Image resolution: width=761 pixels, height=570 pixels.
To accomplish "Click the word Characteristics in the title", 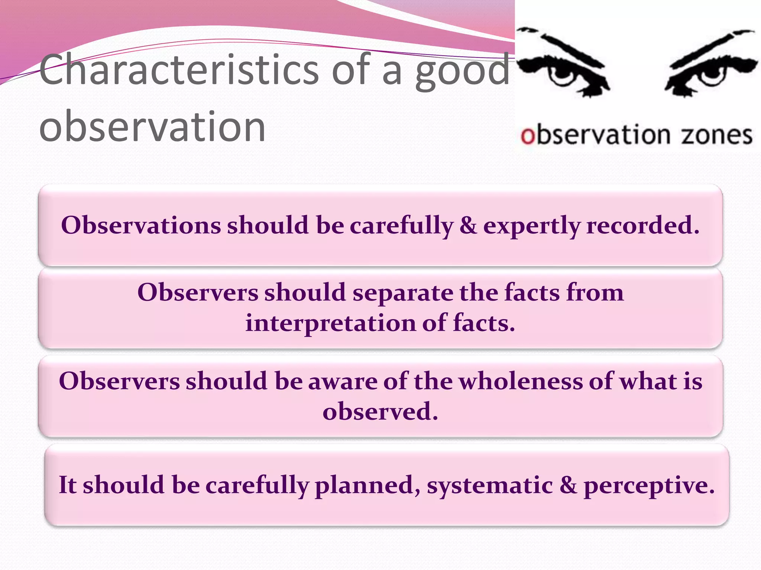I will (178, 70).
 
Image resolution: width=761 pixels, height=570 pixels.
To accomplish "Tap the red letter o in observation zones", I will (527, 136).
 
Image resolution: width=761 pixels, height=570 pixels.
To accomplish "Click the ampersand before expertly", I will (468, 225).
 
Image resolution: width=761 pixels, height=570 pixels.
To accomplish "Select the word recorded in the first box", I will (643, 225).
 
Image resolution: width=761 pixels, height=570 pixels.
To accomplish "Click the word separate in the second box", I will (403, 293).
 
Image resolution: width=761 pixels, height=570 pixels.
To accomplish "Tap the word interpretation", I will (331, 323).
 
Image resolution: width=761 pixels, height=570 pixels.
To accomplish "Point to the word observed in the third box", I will (380, 412).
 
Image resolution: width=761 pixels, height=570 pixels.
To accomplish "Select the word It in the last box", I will (68, 485).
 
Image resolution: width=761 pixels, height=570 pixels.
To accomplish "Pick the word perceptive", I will (649, 486).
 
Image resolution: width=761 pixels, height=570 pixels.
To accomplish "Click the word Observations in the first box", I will (141, 225).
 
